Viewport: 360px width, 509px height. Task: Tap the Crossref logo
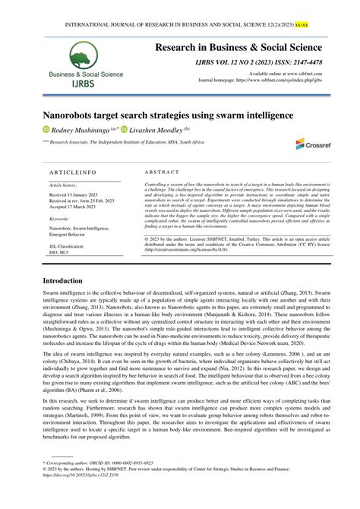(x=309, y=144)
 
